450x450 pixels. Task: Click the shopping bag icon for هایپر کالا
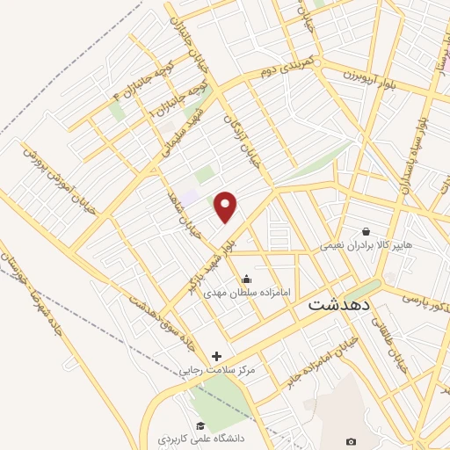365,232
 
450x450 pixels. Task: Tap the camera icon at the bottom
352,441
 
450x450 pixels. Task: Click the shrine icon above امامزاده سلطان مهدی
245,279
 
